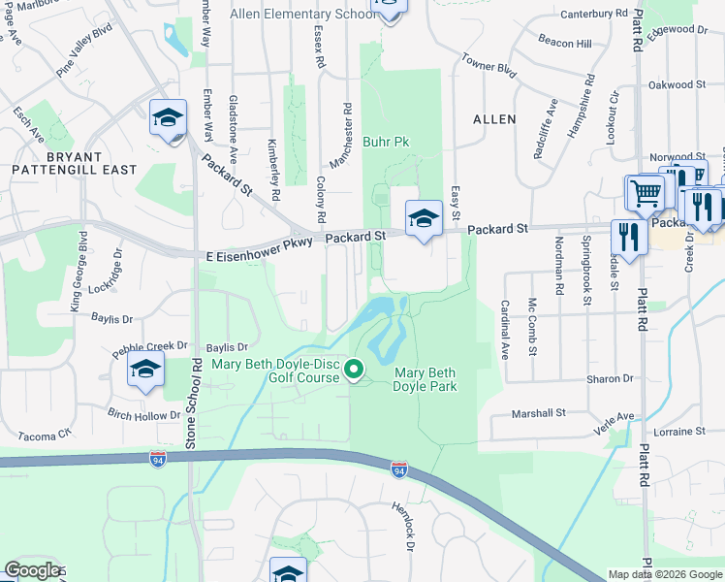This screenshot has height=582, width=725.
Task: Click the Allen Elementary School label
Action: click(301, 14)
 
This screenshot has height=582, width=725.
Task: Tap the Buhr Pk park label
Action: click(386, 142)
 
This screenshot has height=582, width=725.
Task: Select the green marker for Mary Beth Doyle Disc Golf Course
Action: click(354, 369)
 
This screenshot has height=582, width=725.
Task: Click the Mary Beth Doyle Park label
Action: click(424, 378)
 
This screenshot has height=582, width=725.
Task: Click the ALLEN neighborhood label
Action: click(493, 118)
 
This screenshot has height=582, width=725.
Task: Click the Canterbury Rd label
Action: click(594, 14)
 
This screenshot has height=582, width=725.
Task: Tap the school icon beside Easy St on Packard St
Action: click(424, 219)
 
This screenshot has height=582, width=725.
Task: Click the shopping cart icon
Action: click(645, 192)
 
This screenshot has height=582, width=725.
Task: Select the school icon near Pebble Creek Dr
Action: click(145, 370)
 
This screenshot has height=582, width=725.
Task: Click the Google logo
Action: click(33, 570)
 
